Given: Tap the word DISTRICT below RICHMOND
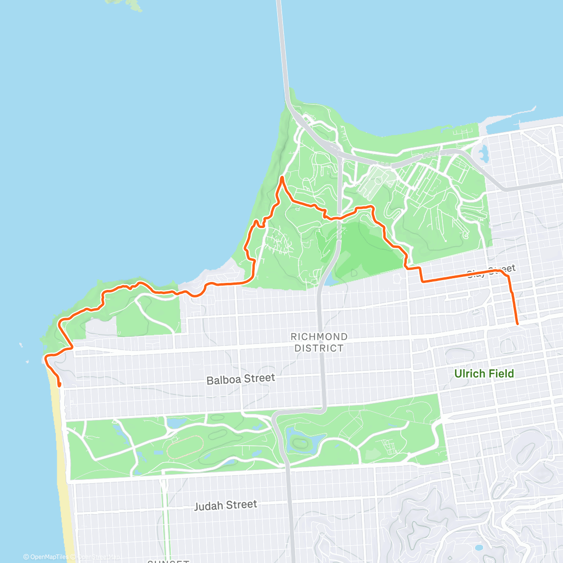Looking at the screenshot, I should (x=319, y=348).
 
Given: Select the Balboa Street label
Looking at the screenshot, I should (x=241, y=379).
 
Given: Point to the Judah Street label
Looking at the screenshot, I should (x=226, y=505).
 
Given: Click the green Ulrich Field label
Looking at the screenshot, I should (x=484, y=374).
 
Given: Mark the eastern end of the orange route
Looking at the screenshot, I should (x=517, y=324).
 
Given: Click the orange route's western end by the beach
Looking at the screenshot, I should (x=60, y=385).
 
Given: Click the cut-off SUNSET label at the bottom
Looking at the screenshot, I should (x=168, y=561).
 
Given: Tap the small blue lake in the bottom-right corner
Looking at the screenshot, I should (x=478, y=548).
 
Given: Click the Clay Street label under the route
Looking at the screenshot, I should (x=491, y=271).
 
